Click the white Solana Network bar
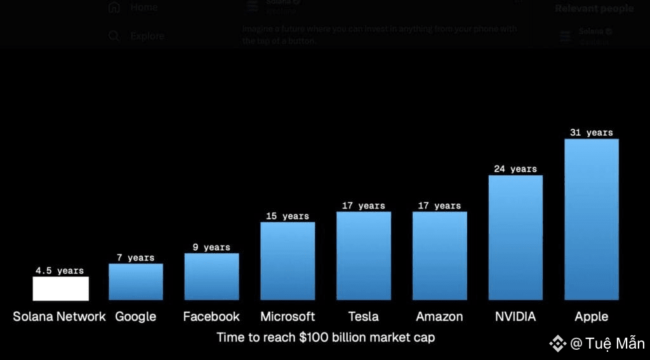61,288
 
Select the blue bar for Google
136,281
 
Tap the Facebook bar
211,276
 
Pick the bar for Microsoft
288,260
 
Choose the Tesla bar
364,255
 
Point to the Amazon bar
439,255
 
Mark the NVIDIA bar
515,237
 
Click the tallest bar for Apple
591,219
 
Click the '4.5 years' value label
60,270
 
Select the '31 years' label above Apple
591,133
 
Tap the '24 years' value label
515,169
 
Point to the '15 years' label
288,216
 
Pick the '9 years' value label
212,247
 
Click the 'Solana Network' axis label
60,316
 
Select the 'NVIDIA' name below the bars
515,316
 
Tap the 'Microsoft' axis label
288,316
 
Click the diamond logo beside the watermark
557,343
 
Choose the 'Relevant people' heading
594,8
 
